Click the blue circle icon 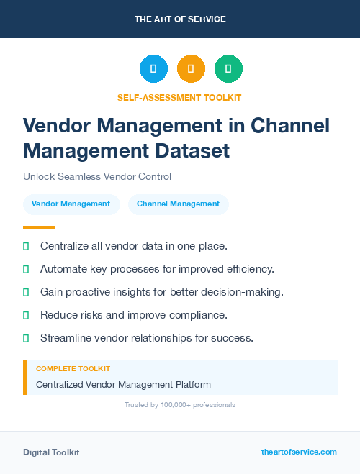pyautogui.click(x=153, y=69)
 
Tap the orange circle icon pyautogui.click(x=191, y=69)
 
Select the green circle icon pyautogui.click(x=228, y=69)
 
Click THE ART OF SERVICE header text pyautogui.click(x=180, y=19)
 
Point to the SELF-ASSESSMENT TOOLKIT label pyautogui.click(x=179, y=97)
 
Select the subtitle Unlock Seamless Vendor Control pyautogui.click(x=97, y=176)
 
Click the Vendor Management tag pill pyautogui.click(x=71, y=204)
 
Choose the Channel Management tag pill pyautogui.click(x=178, y=204)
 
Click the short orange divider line pyautogui.click(x=39, y=228)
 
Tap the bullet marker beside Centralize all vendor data pyautogui.click(x=26, y=246)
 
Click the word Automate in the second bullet pyautogui.click(x=66, y=269)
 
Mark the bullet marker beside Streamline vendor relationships pyautogui.click(x=26, y=338)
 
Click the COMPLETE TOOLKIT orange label pyautogui.click(x=73, y=368)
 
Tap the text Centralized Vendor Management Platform pyautogui.click(x=123, y=385)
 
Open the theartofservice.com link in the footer pyautogui.click(x=299, y=452)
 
